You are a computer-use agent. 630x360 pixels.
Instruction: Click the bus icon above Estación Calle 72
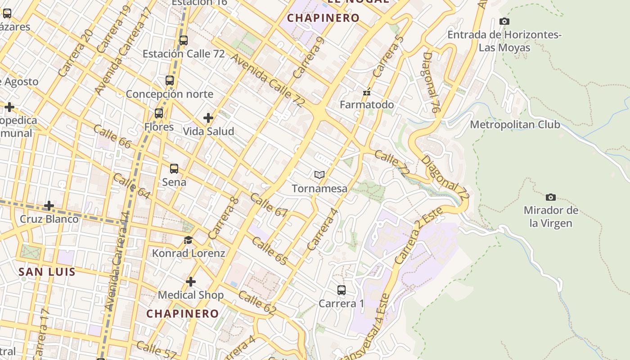pyautogui.click(x=183, y=40)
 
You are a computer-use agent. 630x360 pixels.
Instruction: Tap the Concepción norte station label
pyautogui.click(x=169, y=94)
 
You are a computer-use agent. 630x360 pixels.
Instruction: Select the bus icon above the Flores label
pyautogui.click(x=159, y=113)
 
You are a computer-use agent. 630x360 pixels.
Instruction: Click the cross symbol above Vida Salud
pyautogui.click(x=208, y=118)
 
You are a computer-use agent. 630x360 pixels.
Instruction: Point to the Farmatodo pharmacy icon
pyautogui.click(x=367, y=92)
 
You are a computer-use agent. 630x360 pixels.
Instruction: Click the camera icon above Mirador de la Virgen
pyautogui.click(x=550, y=197)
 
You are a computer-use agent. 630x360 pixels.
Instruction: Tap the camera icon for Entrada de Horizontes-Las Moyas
pyautogui.click(x=504, y=21)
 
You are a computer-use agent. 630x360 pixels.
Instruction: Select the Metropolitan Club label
pyautogui.click(x=515, y=125)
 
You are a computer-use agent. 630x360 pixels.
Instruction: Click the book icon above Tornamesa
pyautogui.click(x=319, y=175)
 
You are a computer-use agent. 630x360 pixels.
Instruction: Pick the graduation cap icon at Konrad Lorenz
pyautogui.click(x=188, y=240)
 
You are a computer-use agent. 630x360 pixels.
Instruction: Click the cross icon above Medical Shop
pyautogui.click(x=191, y=282)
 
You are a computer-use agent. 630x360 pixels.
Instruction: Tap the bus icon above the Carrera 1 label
pyautogui.click(x=342, y=290)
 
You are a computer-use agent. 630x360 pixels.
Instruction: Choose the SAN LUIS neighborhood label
pyautogui.click(x=47, y=272)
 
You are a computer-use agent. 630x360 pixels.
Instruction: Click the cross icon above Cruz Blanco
pyautogui.click(x=49, y=206)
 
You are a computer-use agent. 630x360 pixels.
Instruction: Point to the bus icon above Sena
pyautogui.click(x=174, y=169)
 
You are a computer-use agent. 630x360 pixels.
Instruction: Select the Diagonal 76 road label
pyautogui.click(x=431, y=82)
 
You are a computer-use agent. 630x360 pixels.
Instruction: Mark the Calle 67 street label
pyautogui.click(x=269, y=205)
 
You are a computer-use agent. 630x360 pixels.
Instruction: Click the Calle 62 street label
pyautogui.click(x=257, y=302)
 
